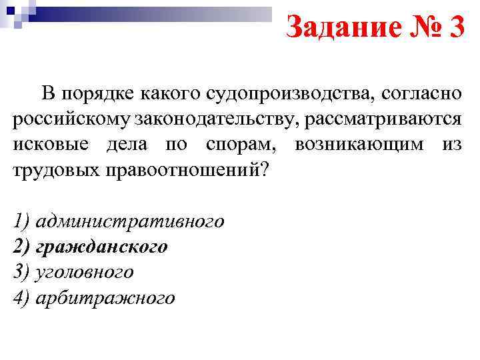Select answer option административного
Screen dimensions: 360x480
[x=131, y=221]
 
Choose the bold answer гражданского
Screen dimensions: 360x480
[x=102, y=246]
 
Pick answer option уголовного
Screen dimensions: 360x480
[x=86, y=272]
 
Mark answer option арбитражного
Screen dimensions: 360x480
[x=106, y=298]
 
